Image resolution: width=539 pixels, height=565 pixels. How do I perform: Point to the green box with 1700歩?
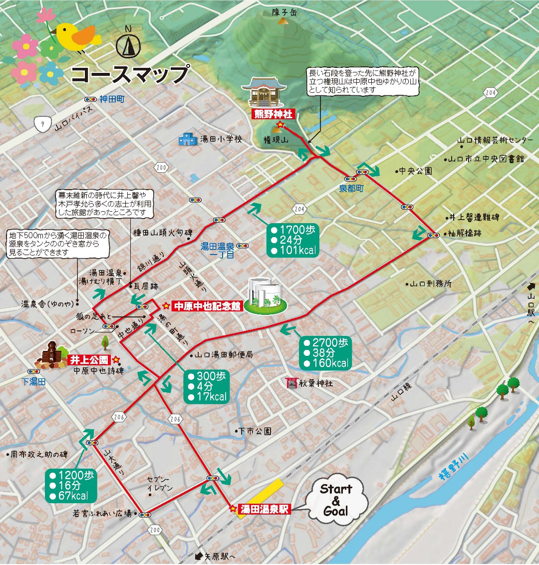[292, 240]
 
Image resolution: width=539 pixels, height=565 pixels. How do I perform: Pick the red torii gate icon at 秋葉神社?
[291, 383]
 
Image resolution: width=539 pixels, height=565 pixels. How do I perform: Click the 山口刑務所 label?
[430, 283]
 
